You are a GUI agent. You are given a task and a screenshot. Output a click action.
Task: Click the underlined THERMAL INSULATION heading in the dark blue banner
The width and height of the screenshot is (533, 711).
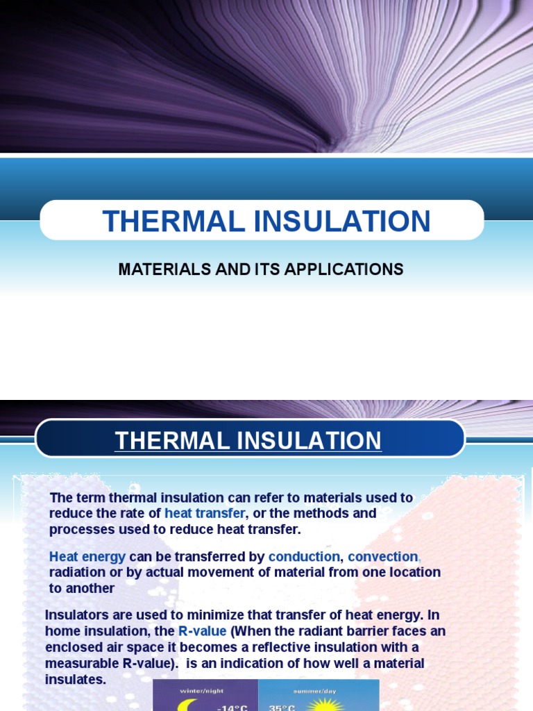click(x=248, y=441)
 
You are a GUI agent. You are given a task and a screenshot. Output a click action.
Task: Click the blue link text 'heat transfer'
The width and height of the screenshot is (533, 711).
click(x=205, y=513)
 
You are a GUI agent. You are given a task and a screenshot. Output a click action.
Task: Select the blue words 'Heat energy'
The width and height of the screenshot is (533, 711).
click(x=87, y=557)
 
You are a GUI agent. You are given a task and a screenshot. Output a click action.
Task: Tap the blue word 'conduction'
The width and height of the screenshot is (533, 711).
click(x=304, y=557)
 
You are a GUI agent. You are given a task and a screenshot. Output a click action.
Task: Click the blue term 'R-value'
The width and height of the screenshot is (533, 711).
click(x=202, y=631)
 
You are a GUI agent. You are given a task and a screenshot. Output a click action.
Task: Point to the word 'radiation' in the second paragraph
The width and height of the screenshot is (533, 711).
click(x=77, y=572)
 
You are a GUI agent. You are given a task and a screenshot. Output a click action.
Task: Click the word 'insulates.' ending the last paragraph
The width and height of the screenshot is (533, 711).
click(x=76, y=678)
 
